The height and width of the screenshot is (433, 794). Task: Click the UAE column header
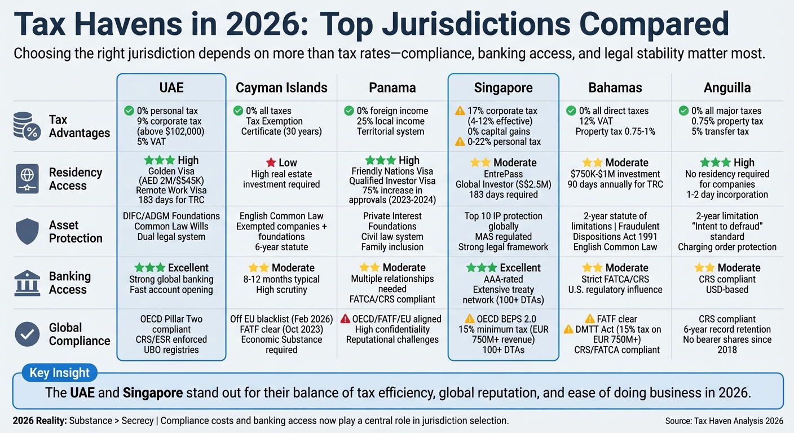pos(171,88)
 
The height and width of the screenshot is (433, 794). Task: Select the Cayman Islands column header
pos(281,88)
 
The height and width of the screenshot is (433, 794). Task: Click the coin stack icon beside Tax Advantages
pos(27,126)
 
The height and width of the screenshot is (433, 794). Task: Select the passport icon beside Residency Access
pos(27,179)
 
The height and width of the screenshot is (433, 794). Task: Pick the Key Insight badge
pos(59,373)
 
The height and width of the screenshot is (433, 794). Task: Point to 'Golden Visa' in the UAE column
pos(171,171)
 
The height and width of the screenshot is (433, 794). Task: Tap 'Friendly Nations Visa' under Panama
pos(392,171)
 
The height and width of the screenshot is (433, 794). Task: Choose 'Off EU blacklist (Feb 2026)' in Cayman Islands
pos(281,319)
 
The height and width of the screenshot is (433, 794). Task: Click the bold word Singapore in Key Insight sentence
pos(152,393)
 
